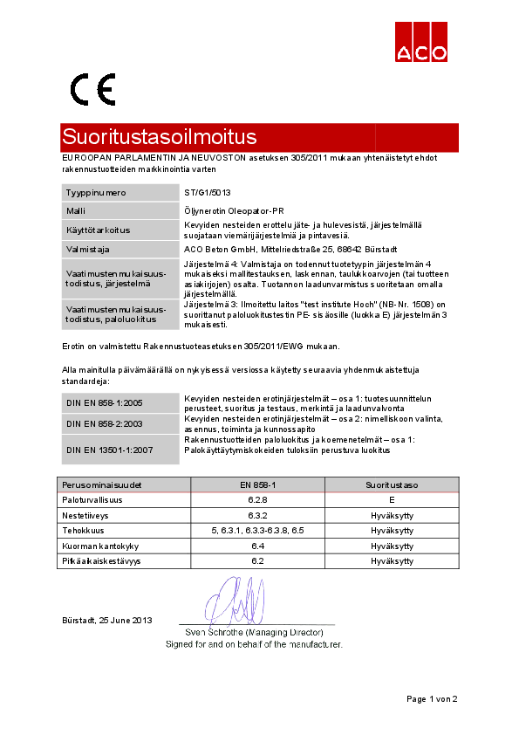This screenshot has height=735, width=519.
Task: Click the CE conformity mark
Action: click(93, 89)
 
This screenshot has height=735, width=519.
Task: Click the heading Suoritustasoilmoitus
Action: click(160, 137)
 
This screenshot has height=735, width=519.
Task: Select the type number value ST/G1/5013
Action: click(208, 192)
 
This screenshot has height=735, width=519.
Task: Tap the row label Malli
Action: click(76, 210)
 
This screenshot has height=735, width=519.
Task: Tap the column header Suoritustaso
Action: click(392, 484)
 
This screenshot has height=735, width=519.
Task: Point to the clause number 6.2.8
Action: click(257, 500)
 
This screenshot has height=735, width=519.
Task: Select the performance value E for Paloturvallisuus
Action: click(392, 500)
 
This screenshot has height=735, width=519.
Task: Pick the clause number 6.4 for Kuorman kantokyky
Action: click(257, 545)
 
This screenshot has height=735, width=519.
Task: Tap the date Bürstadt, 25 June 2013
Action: click(106, 620)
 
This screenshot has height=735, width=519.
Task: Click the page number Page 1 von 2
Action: click(431, 698)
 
